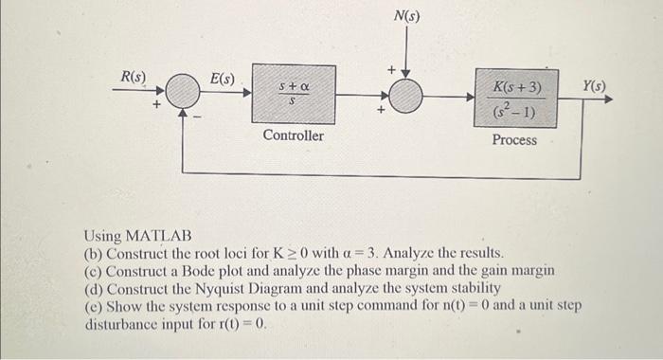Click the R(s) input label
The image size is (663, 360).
tap(131, 75)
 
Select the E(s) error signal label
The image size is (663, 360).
tap(223, 77)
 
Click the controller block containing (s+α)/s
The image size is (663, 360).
tap(293, 93)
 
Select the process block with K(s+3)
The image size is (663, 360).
tap(516, 97)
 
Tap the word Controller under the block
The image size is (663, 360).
tap(293, 136)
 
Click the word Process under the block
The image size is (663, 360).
tap(514, 140)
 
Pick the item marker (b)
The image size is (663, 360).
tap(93, 254)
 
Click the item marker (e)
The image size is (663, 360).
tap(93, 305)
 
